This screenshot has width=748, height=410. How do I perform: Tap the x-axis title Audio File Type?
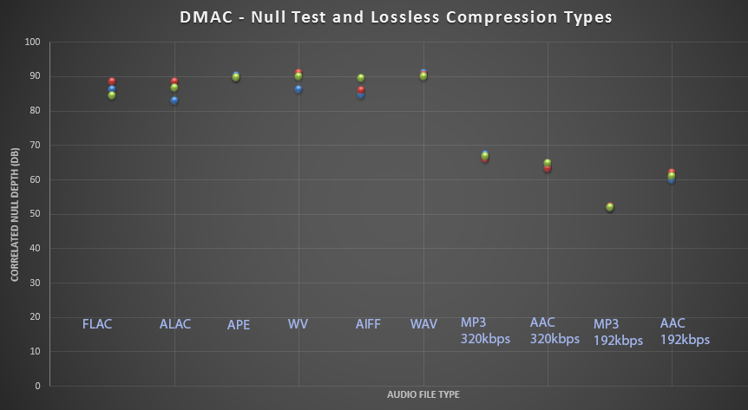point(423,395)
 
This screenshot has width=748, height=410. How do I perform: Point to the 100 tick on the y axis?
point(32,42)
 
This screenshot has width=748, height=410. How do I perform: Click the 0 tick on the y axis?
point(37,386)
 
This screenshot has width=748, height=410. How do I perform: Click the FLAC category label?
point(97,325)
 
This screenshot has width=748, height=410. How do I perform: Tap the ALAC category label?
point(175,325)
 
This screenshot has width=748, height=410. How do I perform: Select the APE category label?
point(239,325)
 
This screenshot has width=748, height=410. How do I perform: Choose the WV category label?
point(298,325)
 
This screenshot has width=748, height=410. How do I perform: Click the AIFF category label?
point(368,325)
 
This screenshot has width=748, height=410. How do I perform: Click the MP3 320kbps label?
point(485,330)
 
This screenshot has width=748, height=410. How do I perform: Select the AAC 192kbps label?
point(685,331)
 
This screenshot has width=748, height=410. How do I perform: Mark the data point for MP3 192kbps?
point(609,207)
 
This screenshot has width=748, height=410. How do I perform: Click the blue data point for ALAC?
point(174,101)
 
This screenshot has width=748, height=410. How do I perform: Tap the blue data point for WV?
point(299,89)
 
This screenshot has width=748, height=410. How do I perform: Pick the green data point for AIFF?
point(361,78)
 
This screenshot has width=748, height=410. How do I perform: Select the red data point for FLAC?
point(112,81)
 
